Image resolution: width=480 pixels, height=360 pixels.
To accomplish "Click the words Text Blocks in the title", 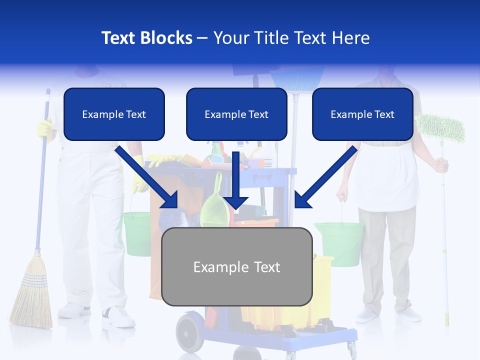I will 146,38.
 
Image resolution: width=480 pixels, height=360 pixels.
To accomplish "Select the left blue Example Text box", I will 114,114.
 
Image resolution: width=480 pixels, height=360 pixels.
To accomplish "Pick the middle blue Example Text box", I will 236,114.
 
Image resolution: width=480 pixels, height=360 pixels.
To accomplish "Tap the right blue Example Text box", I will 362,114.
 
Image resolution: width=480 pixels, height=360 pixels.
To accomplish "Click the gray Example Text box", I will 237,267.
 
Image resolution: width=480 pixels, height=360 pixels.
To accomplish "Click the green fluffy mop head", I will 440,127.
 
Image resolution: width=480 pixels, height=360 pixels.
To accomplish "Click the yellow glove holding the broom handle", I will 44,128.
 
